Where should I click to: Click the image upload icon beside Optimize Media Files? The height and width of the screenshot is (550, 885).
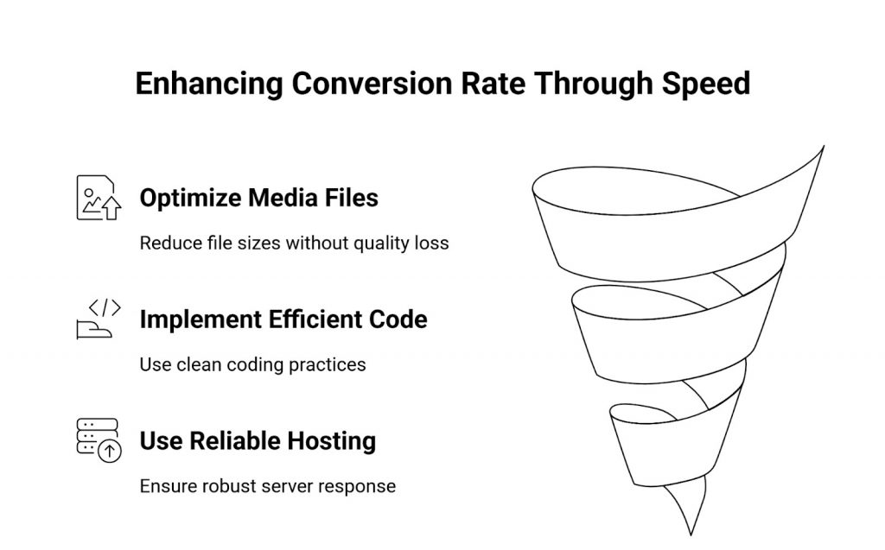[98, 198]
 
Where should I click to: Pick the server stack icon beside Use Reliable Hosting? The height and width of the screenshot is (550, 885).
[98, 440]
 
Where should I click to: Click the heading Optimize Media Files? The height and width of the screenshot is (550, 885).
[258, 198]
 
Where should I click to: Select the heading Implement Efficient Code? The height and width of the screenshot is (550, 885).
[283, 319]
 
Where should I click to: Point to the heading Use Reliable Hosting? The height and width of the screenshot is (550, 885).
[257, 441]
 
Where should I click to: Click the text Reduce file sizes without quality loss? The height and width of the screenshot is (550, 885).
[294, 243]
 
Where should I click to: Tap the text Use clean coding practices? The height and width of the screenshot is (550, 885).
[252, 364]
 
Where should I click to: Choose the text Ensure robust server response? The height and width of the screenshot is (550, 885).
[267, 486]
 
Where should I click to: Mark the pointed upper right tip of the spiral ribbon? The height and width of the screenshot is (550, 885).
[822, 148]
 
